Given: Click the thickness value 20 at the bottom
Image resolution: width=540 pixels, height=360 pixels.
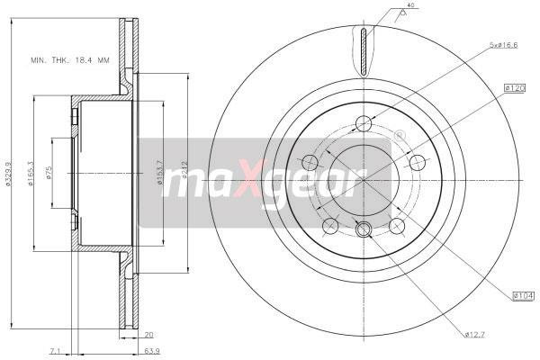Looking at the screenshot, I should pos(148,334).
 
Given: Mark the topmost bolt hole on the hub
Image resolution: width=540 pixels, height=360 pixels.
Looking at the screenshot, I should pos(363,123).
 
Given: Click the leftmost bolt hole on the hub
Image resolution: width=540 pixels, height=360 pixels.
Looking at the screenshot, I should pos(310,162).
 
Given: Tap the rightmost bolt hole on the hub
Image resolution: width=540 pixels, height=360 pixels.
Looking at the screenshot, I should pos(417,162).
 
